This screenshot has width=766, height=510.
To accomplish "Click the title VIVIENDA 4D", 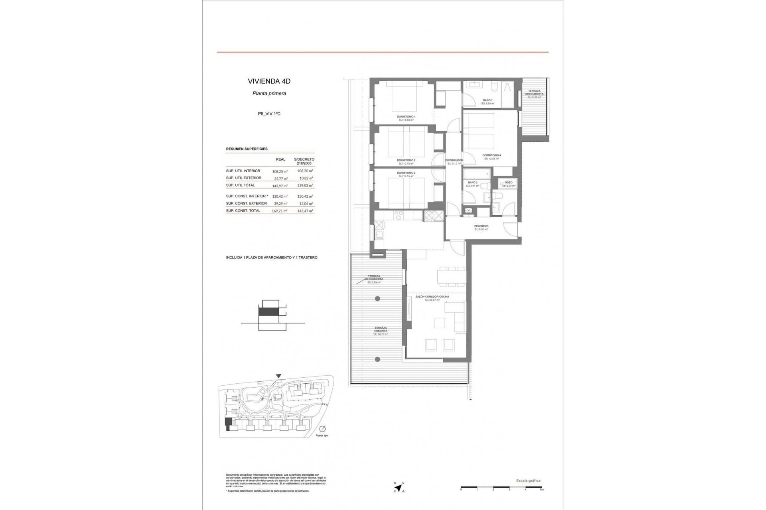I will [269, 81].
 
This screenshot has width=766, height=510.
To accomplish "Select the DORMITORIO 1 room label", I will [406, 117].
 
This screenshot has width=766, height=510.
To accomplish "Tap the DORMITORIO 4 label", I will [491, 155].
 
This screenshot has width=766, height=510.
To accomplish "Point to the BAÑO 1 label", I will [488, 100].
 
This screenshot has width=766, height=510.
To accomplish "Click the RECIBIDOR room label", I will [482, 226].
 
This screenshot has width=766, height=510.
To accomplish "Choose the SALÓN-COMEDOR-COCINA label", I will [432, 297].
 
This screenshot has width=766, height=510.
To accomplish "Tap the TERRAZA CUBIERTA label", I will [380, 330].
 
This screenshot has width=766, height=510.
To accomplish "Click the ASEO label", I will [509, 182].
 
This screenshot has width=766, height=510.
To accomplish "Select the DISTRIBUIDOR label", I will [454, 160].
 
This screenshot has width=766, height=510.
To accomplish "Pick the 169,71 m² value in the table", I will [280, 211].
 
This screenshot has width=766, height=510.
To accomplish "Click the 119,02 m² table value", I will [305, 186].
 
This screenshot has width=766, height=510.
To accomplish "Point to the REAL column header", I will [280, 159].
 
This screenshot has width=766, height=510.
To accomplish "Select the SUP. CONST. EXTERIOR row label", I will [246, 204].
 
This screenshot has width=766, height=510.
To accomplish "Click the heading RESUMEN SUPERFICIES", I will [247, 149].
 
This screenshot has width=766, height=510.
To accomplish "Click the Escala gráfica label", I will [528, 481].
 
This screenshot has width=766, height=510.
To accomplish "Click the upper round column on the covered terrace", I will [377, 299].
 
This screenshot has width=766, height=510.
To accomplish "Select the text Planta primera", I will [269, 94].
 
